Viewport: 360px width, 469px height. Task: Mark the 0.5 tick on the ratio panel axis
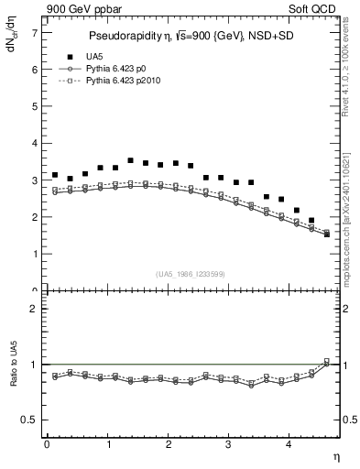coord(28,420)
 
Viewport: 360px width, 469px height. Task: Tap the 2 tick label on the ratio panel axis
coord(33,309)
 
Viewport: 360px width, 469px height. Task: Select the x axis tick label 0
coord(47,444)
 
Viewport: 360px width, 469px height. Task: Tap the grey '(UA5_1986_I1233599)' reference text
coord(191,275)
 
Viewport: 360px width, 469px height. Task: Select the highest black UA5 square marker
coord(130,160)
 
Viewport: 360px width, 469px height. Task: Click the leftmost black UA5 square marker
coord(55,174)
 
